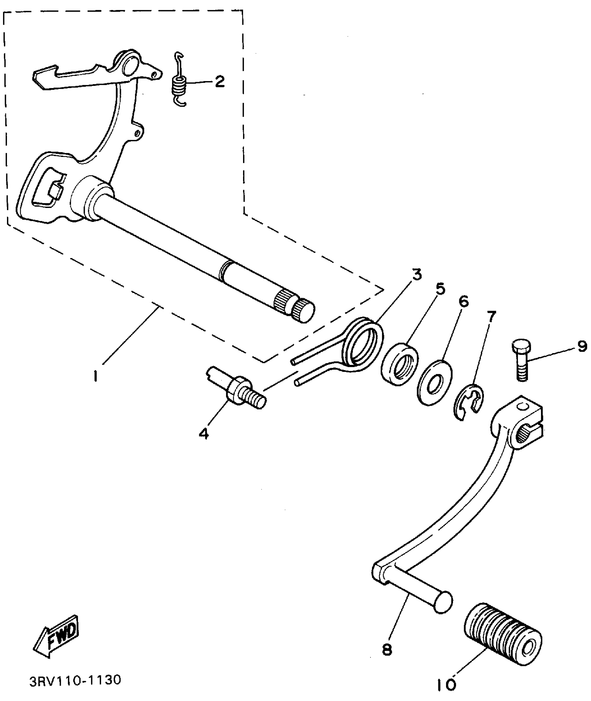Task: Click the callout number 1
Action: [95, 377]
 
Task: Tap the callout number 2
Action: [219, 82]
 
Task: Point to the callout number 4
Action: [204, 434]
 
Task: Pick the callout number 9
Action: [582, 346]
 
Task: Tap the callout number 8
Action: [387, 650]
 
